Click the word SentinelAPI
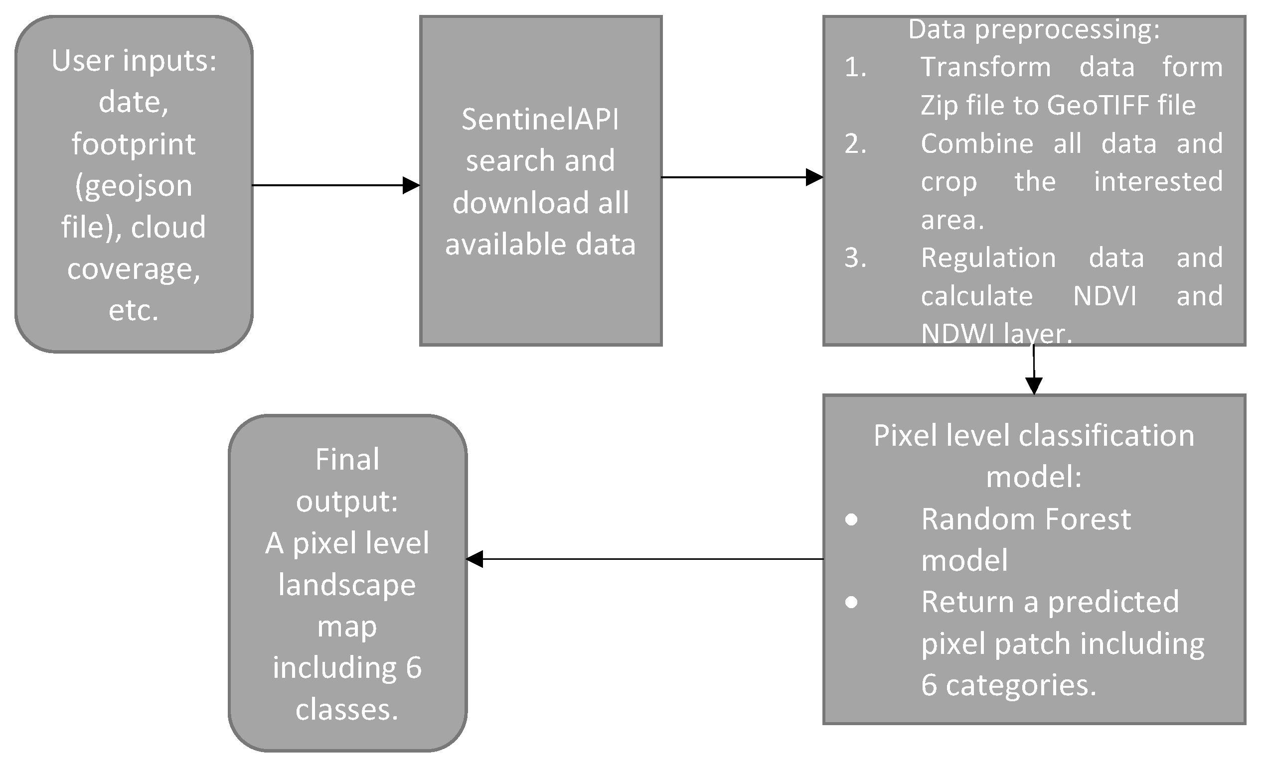(x=540, y=119)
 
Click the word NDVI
(x=1105, y=296)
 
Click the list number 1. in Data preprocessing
(x=855, y=67)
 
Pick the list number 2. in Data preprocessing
(x=855, y=143)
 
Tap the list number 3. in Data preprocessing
(x=855, y=257)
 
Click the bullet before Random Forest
(x=851, y=520)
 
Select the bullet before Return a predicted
(x=851, y=602)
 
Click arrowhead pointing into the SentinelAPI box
(x=411, y=185)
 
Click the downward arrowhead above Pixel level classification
(x=1033, y=385)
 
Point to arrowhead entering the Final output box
(x=474, y=559)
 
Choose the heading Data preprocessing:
(x=1033, y=29)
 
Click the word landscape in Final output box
(x=347, y=585)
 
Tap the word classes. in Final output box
(x=347, y=710)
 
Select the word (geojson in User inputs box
(x=134, y=185)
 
